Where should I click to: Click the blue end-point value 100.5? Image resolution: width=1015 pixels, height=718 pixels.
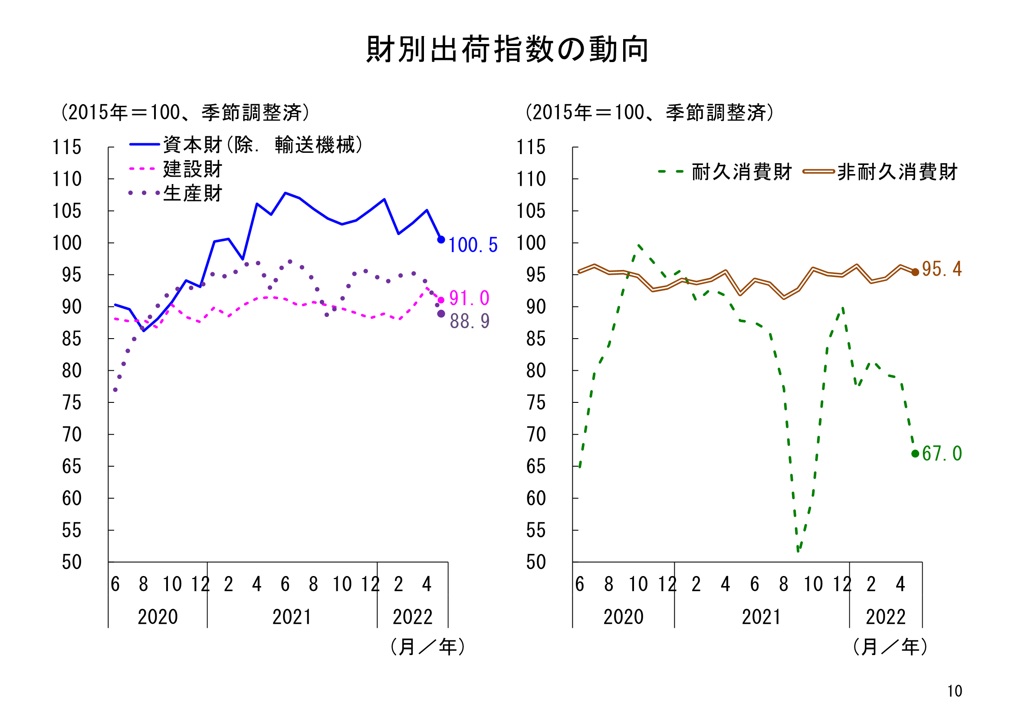point(473,245)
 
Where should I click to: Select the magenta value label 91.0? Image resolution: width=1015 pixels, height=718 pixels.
point(469,298)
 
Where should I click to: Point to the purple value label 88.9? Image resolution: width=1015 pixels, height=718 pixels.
point(470,321)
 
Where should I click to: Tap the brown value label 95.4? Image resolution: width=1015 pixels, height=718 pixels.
point(941,269)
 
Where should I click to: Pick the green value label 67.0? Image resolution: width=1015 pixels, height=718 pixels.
point(942,454)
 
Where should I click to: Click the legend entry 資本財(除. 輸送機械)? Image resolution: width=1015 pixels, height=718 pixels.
point(263,145)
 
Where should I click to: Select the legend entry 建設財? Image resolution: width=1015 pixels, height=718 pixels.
point(192,169)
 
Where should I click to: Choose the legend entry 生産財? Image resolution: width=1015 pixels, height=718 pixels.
point(192,193)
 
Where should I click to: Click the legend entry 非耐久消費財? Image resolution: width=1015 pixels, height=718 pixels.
point(897,171)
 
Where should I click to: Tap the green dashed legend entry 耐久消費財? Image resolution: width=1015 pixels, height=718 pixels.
point(741,171)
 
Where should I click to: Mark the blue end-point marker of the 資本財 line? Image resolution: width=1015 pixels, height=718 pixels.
point(441,240)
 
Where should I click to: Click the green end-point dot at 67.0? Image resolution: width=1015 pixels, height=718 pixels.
point(915,454)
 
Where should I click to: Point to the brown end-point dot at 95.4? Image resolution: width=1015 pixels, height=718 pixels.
point(915,272)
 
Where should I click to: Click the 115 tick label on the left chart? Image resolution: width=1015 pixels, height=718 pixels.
point(67,147)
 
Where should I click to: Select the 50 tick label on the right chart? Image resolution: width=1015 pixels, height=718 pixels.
point(536,562)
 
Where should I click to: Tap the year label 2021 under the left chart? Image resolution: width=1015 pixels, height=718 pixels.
point(292,617)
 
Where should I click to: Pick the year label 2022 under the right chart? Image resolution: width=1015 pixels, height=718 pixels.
point(886,617)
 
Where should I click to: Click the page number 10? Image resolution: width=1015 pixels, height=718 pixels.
point(954,691)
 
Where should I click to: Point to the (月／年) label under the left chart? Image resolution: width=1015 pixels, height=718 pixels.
point(427,647)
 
